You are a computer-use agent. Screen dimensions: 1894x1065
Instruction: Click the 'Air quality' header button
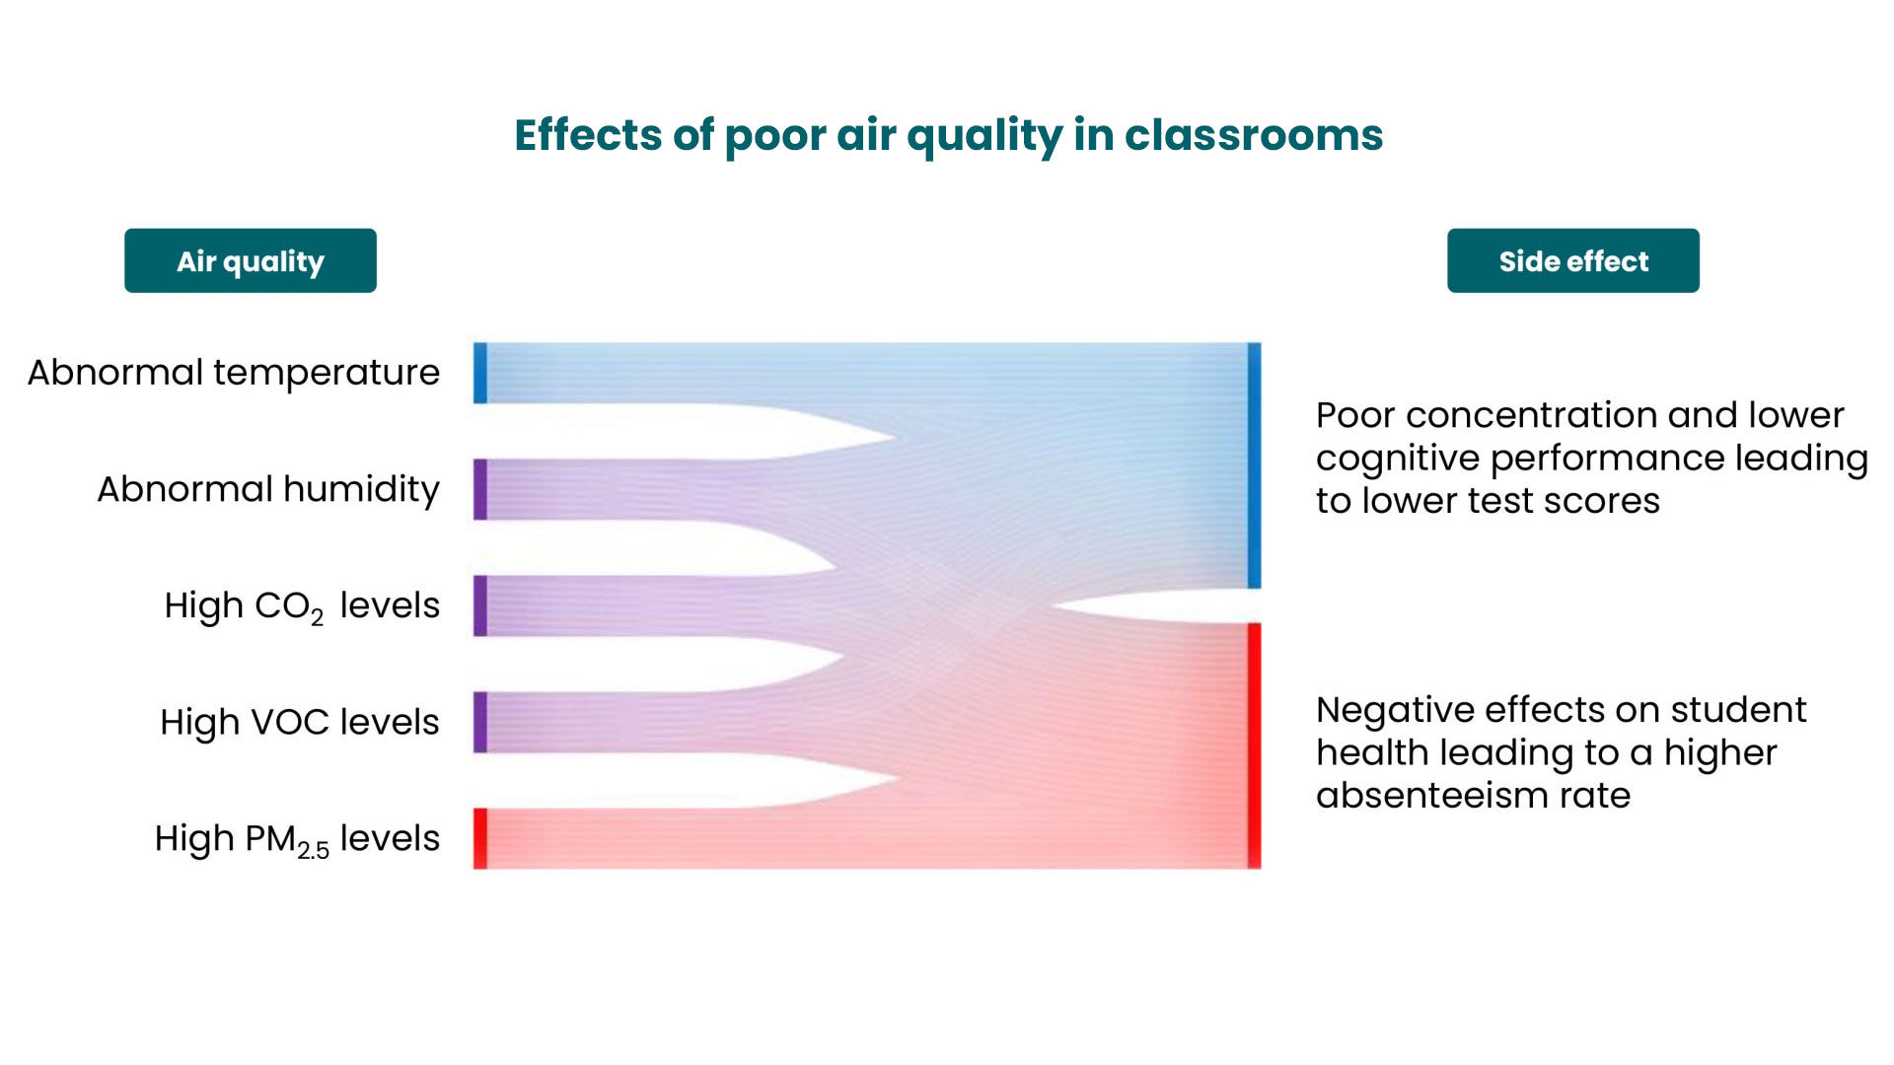(251, 260)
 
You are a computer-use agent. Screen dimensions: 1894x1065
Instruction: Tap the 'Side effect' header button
(1573, 260)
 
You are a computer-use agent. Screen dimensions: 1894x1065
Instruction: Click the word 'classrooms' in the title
(1254, 134)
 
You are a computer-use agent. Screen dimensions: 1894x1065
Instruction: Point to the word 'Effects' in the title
(588, 134)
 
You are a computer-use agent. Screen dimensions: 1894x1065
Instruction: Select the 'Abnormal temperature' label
(234, 373)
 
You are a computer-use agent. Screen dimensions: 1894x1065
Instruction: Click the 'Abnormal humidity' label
(268, 489)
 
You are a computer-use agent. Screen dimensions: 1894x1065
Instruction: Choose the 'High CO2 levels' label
(302, 606)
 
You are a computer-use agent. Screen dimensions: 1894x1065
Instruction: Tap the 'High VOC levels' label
(300, 722)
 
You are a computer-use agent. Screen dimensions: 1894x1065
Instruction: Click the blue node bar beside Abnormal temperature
(480, 373)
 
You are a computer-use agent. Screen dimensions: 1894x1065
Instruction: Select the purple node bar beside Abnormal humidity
(480, 489)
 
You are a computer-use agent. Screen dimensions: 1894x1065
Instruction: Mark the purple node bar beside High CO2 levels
(480, 605)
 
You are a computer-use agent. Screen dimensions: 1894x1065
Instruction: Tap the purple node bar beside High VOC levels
(480, 722)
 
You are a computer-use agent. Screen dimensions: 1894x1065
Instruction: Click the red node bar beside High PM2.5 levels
(480, 838)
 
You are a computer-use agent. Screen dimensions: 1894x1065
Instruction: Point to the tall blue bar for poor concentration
(1254, 465)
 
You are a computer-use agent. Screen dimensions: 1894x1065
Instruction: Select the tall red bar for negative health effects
(1254, 745)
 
